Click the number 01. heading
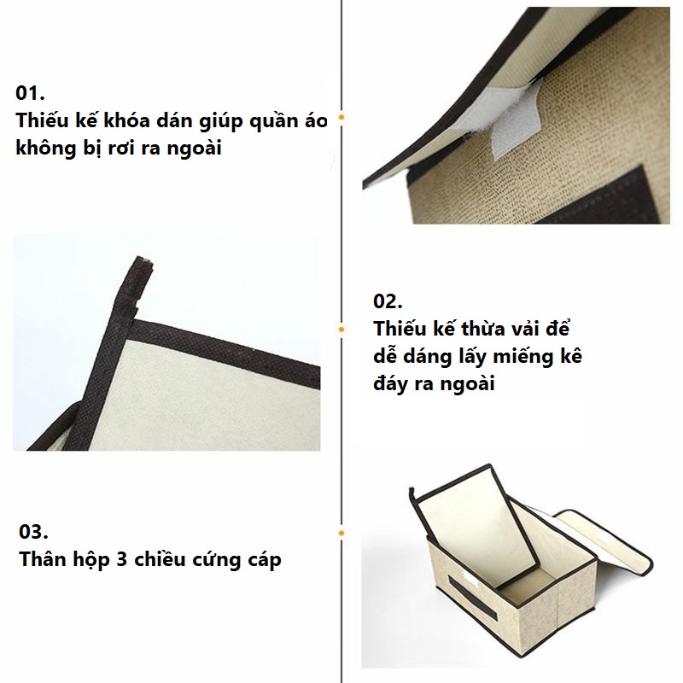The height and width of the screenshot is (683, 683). point(30,93)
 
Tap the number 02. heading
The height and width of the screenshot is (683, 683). point(388,301)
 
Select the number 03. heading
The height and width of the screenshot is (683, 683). point(33,532)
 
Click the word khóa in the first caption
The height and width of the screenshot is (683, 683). point(126,120)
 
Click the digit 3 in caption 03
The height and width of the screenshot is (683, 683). point(121,560)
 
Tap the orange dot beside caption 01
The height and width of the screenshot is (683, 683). point(341,117)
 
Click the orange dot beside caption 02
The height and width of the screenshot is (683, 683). point(341,330)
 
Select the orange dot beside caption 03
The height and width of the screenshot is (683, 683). point(341,533)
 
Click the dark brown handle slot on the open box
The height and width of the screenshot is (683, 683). point(473,599)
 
